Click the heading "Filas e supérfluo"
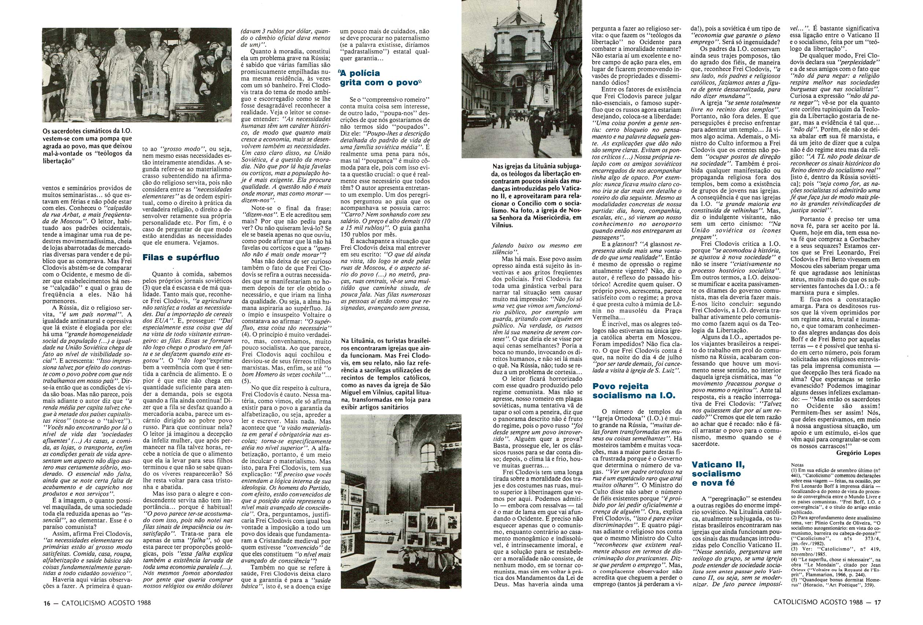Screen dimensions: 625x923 (x=181, y=258)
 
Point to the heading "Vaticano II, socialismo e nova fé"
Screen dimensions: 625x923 (x=716, y=474)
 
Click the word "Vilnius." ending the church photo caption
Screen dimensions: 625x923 (x=503, y=226)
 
